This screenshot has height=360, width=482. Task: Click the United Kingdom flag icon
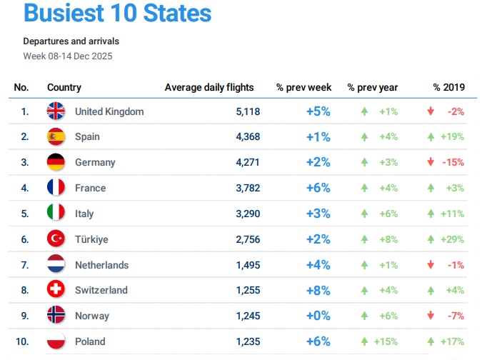tap(56, 111)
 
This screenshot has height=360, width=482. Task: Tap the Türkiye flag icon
tap(56, 239)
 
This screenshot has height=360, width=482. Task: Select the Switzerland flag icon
tap(56, 290)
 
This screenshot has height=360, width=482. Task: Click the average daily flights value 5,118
tap(247, 111)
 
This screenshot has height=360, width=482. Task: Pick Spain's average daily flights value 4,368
tap(247, 136)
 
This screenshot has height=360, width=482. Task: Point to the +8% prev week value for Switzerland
tap(318, 290)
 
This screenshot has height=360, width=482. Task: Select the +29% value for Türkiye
tap(452, 239)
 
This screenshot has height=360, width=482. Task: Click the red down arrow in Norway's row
tap(431, 316)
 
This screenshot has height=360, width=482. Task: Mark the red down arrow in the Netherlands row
tap(431, 265)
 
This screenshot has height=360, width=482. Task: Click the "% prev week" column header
tap(304, 87)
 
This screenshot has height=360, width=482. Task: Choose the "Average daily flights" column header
tap(209, 87)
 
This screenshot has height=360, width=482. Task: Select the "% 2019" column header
tap(449, 87)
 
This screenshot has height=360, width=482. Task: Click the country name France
tap(90, 188)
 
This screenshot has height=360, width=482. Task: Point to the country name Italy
tap(84, 214)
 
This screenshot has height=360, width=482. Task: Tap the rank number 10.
tap(22, 341)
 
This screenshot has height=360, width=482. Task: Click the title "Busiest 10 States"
tap(117, 14)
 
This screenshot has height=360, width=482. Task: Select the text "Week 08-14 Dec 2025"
tap(67, 56)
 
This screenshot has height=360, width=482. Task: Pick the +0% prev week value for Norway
tap(318, 316)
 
